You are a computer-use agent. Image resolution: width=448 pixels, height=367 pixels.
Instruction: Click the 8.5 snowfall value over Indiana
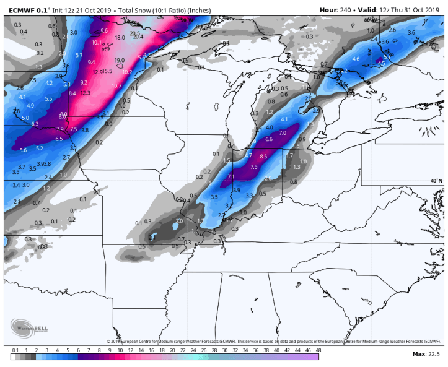coord(263,157)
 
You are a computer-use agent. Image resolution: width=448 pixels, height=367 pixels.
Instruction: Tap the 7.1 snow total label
coord(232,177)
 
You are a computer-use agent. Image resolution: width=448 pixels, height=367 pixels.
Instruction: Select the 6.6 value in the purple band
coord(269,140)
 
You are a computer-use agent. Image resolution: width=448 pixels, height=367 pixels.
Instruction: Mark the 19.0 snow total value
coord(120,60)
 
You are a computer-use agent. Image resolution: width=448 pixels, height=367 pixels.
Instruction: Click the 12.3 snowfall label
coord(86,93)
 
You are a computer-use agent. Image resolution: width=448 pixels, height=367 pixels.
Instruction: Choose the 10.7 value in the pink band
coord(116,85)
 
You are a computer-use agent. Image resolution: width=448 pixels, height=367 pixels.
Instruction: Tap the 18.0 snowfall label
coord(120,38)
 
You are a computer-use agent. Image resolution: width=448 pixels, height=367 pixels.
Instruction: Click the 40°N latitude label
coord(436,181)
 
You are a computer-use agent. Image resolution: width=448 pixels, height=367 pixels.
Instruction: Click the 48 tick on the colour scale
coord(318,350)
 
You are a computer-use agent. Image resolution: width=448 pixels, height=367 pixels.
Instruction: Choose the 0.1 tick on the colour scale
coord(15,350)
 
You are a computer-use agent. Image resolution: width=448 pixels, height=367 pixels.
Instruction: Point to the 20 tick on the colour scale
coord(151,350)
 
